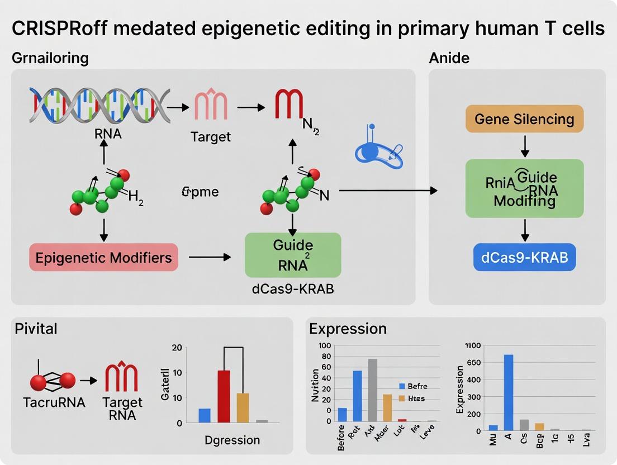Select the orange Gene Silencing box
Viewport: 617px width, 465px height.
(524, 119)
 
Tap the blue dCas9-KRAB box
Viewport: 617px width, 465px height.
(524, 258)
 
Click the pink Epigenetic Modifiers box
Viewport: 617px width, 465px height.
(103, 258)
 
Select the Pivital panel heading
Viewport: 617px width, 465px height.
(36, 328)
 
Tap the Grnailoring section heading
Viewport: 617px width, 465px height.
(50, 57)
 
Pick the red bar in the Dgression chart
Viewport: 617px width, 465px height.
(224, 396)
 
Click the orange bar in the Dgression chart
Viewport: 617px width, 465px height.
(242, 408)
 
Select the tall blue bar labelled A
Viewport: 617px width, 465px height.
(509, 392)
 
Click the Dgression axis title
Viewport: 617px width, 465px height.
(231, 440)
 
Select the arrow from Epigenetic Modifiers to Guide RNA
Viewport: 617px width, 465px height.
(210, 257)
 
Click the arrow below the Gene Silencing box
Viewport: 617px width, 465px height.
(524, 146)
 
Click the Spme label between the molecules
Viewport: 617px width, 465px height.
(200, 192)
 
